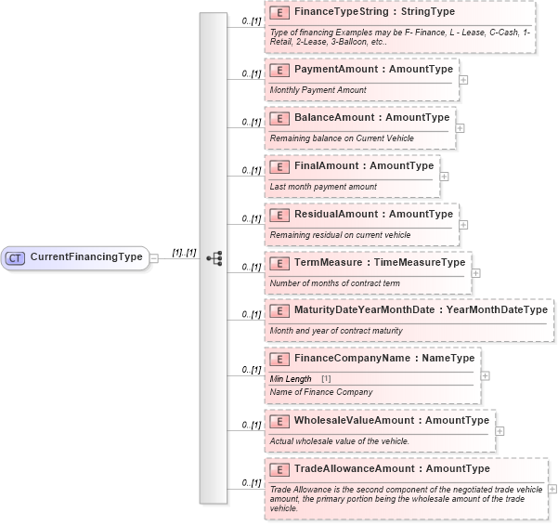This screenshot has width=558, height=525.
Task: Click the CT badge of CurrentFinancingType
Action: click(x=16, y=257)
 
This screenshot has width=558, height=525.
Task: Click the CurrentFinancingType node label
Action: click(x=86, y=257)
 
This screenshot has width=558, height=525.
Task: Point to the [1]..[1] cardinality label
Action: click(x=184, y=252)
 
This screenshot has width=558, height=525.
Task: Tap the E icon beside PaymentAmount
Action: click(x=279, y=70)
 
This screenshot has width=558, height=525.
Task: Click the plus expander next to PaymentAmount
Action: click(x=463, y=79)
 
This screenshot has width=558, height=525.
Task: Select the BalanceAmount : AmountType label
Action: click(x=371, y=118)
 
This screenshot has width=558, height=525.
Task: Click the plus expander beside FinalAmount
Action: click(x=444, y=176)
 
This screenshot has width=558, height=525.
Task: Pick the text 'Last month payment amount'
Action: click(x=323, y=187)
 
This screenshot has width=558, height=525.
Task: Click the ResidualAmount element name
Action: click(x=339, y=215)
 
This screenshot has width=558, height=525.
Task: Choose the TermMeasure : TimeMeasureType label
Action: click(x=380, y=263)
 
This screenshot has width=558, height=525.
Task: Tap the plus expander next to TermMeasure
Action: click(x=476, y=272)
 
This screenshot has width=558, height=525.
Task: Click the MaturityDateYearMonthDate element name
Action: click(x=367, y=310)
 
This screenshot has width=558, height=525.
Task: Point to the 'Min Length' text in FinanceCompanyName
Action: click(x=291, y=379)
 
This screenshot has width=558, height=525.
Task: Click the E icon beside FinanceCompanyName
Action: click(x=279, y=359)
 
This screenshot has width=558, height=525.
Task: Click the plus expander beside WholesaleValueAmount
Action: click(x=500, y=430)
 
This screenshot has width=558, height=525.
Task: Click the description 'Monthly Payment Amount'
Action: click(x=318, y=90)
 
